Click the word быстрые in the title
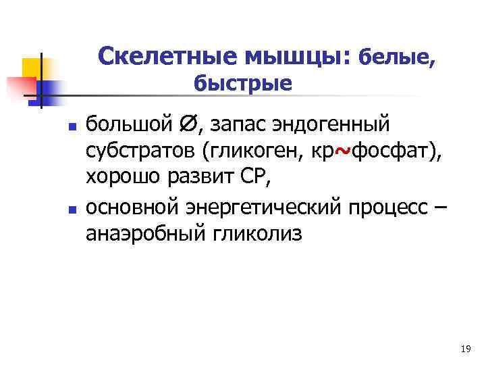pos(243,84)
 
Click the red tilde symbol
pos(342,151)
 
